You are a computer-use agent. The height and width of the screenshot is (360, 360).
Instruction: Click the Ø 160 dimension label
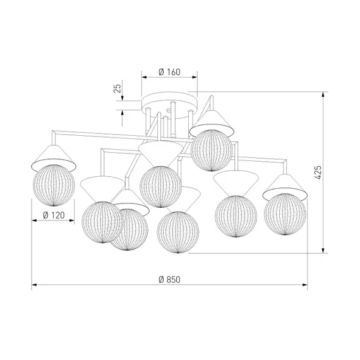(x=169, y=72)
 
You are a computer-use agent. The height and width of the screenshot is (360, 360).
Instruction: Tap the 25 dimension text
(x=117, y=88)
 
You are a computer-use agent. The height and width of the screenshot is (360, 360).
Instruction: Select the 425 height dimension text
(x=318, y=172)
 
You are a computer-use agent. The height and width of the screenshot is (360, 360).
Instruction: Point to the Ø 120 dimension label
(x=54, y=215)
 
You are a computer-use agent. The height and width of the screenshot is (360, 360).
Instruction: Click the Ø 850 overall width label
(x=169, y=279)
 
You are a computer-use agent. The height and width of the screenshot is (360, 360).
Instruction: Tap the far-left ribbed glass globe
(x=54, y=185)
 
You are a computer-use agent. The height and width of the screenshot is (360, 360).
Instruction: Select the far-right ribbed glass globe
(x=285, y=214)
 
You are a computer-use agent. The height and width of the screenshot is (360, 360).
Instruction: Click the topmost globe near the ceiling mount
(x=212, y=150)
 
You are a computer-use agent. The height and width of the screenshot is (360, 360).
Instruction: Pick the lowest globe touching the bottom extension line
(x=178, y=232)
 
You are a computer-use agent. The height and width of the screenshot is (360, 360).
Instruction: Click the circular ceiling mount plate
(x=169, y=105)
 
